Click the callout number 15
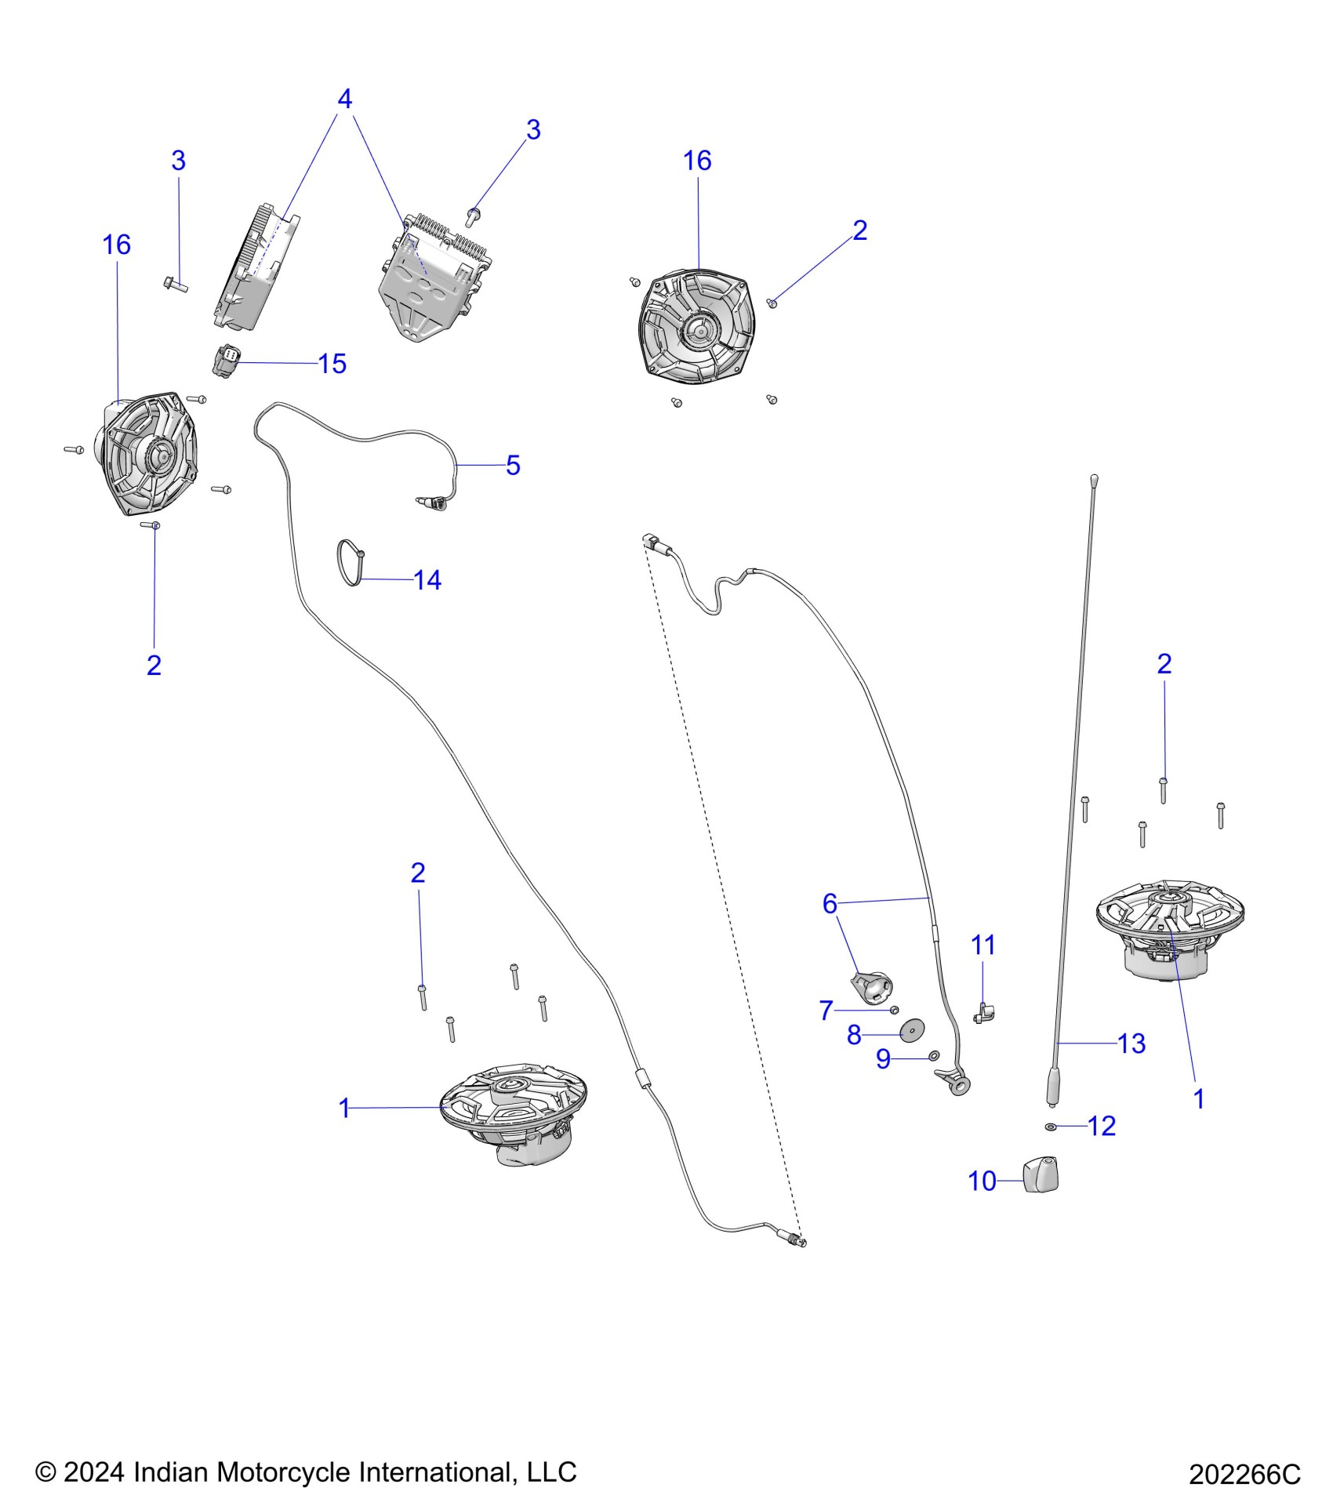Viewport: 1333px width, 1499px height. [x=332, y=364]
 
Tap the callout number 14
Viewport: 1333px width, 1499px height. [x=427, y=580]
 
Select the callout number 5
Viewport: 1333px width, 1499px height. [x=513, y=465]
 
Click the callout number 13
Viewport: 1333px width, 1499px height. [x=1131, y=1043]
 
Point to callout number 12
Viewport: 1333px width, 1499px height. [x=1102, y=1126]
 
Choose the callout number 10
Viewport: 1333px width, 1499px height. [x=982, y=1181]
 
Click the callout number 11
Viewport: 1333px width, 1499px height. [x=983, y=945]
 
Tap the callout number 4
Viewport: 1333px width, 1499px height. [x=344, y=99]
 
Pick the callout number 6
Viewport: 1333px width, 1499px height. [x=830, y=903]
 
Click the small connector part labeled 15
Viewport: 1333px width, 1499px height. [x=227, y=361]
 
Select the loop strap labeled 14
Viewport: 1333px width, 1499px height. [x=350, y=563]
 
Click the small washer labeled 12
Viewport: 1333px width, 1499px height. [x=1051, y=1127]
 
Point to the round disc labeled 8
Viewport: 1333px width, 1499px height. [x=911, y=1030]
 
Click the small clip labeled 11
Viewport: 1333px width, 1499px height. [x=983, y=1013]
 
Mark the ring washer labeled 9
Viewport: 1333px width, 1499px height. [x=934, y=1056]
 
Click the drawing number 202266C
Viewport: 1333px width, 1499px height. [x=1244, y=1475]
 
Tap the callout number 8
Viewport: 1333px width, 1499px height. [x=854, y=1035]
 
